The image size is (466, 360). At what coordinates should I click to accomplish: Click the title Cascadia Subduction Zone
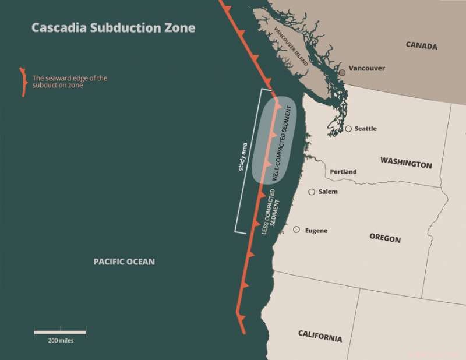pos(113,27)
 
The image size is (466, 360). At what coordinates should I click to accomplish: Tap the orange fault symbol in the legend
pos(23,82)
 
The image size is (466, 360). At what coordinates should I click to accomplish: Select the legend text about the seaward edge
pos(70,82)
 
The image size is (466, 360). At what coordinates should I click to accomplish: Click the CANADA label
pos(421,46)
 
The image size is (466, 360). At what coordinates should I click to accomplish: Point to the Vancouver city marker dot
pos(343,72)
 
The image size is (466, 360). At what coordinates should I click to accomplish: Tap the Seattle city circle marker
pos(348,129)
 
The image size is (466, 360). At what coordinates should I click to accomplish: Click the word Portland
pos(343,172)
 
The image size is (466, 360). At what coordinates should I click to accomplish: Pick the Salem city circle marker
pos(312,192)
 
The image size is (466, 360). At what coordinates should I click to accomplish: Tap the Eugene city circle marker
pos(297,230)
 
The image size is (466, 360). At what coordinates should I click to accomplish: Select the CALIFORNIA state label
pos(320,336)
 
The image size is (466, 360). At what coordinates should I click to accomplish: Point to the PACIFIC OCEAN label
pos(124,262)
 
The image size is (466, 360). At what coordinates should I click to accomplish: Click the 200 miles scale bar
pos(60,332)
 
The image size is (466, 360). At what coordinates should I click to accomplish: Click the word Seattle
pos(366,129)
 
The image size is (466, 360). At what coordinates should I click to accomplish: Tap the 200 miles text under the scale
pos(61,340)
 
